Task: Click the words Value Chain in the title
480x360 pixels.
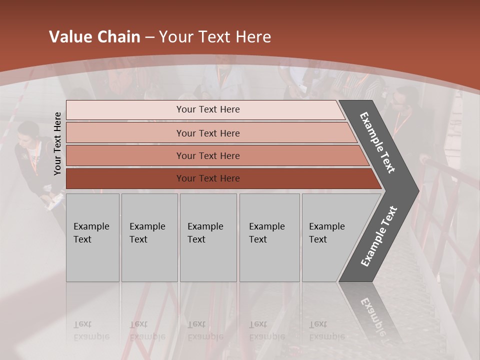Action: point(94,37)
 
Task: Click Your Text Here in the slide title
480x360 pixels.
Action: point(215,37)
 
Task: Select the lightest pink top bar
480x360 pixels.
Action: point(208,109)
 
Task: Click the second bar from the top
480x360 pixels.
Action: point(208,133)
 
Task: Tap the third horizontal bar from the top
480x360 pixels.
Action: point(208,155)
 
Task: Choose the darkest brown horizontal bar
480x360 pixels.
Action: point(208,178)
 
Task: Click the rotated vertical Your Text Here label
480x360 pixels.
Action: point(58,143)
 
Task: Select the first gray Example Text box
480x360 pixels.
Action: point(92,237)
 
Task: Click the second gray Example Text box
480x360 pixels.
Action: point(149,237)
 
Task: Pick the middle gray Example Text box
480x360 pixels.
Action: point(208,237)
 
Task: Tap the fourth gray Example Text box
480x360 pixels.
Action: point(269,237)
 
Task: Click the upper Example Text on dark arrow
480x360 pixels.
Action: point(377,142)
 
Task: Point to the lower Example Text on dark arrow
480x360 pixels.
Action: point(379,236)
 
